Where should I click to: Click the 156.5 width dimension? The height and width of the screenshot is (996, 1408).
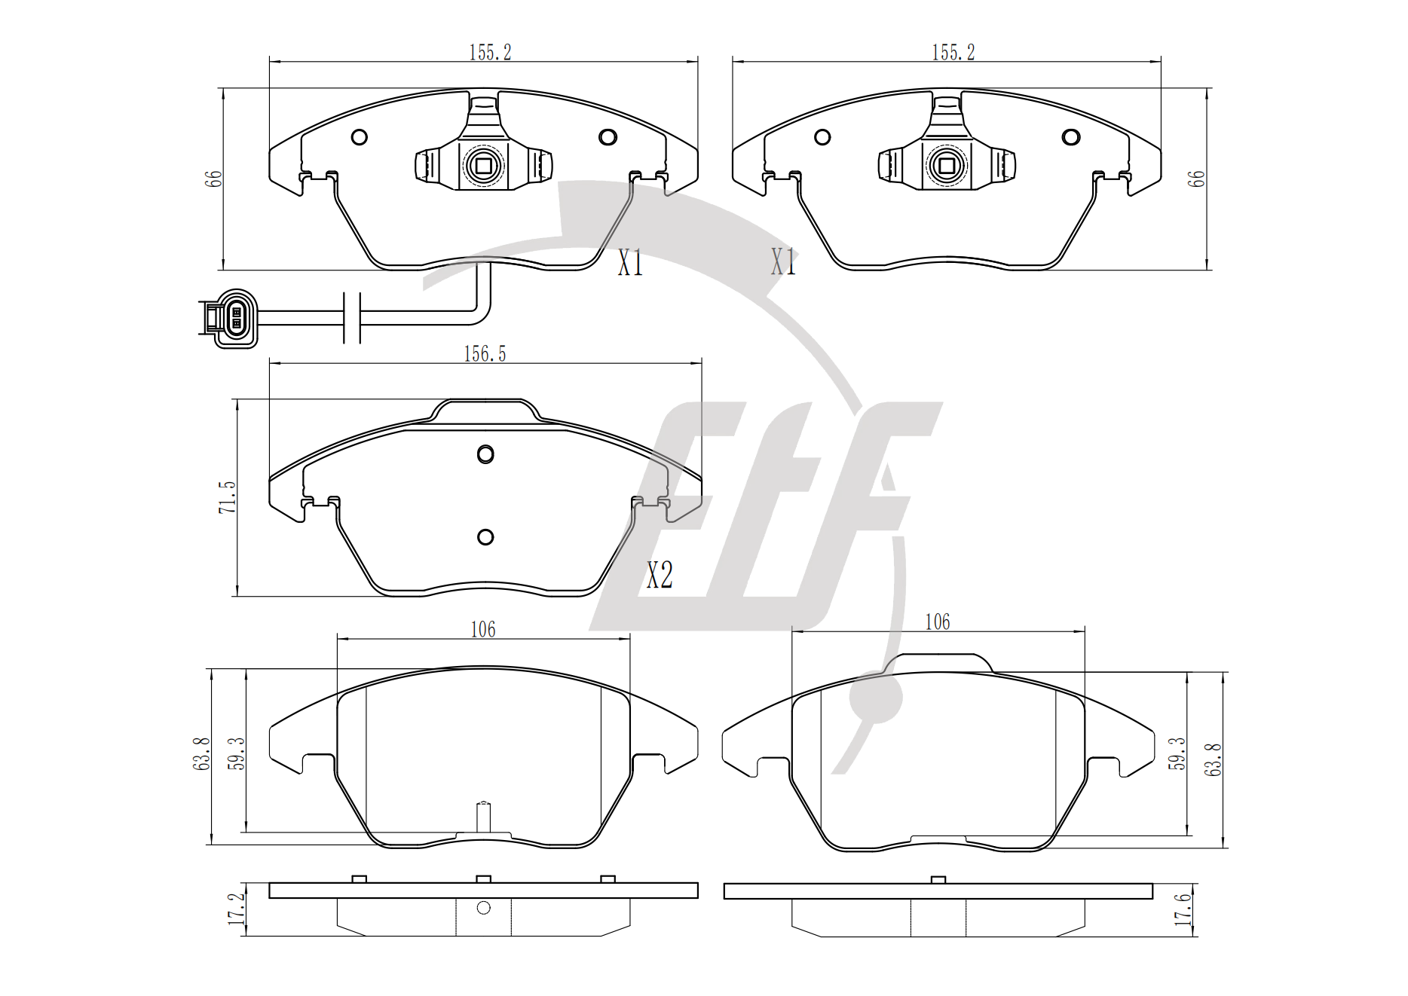(x=485, y=354)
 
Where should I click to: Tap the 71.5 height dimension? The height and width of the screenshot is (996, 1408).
(x=227, y=498)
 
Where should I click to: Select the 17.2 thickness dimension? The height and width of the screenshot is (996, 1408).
(x=236, y=909)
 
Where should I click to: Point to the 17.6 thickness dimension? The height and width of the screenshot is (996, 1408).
(x=1183, y=909)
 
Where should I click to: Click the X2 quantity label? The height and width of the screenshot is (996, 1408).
(x=660, y=576)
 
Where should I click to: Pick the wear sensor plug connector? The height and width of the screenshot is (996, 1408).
(x=229, y=318)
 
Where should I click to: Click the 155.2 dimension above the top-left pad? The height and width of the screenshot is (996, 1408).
(x=490, y=53)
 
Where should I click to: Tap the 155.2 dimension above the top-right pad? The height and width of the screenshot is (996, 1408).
(x=953, y=53)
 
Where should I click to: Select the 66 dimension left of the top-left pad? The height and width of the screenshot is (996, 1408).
(x=213, y=179)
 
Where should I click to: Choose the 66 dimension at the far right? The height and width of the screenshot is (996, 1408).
(x=1196, y=179)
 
